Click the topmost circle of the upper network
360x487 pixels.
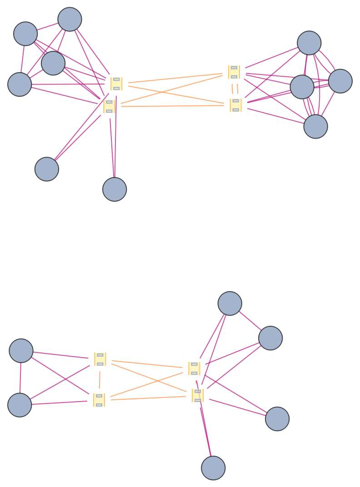70,20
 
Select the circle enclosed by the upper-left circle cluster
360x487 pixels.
53,63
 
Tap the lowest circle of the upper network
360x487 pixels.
115,189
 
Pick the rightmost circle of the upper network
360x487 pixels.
340,81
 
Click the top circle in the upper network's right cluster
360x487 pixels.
309,43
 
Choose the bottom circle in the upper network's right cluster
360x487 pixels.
315,126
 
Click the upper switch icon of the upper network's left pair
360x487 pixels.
116,84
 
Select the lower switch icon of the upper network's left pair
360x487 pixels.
109,106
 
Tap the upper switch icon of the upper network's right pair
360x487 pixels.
234,72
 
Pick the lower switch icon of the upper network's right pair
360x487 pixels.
235,105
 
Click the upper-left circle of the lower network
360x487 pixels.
21,351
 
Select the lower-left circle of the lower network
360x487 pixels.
20,405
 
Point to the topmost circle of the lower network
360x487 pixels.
230,303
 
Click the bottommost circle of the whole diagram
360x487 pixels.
213,468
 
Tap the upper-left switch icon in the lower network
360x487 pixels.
100,359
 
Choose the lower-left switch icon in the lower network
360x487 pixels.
99,400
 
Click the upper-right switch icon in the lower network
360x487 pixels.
194,368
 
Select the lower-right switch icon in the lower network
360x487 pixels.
198,395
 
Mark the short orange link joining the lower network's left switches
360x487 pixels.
100,379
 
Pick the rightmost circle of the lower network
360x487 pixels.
277,419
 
